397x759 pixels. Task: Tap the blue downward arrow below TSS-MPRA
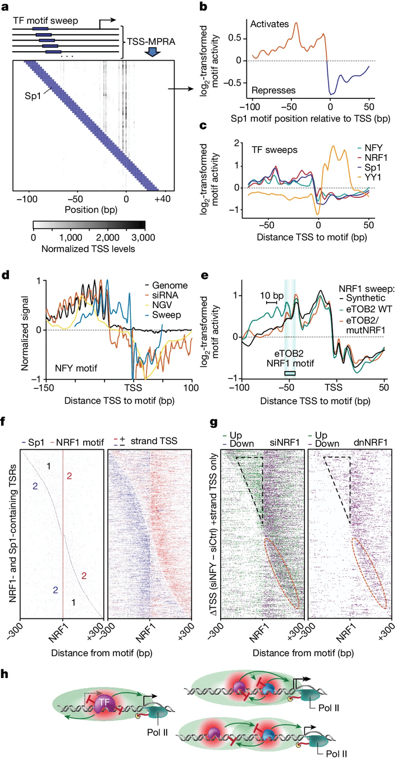point(151,52)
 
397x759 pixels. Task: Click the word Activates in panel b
point(271,24)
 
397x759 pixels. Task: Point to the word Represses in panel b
point(272,89)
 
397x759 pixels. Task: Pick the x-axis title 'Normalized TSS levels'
point(90,249)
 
